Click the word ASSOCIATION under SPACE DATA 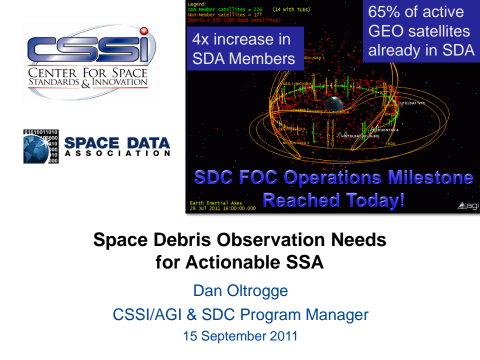(117, 153)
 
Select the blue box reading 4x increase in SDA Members (244, 49)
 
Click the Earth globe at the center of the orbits (332, 104)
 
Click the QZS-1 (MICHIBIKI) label (297, 83)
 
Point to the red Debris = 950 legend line (234, 20)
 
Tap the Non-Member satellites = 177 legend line (225, 15)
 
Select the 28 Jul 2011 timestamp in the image (222, 207)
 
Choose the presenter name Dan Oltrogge (240, 290)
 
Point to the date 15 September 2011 (240, 336)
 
